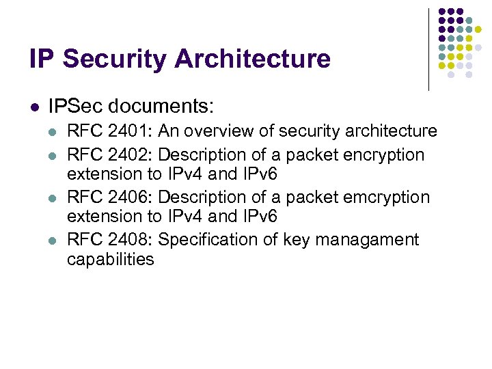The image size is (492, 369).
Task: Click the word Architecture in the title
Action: coord(252,59)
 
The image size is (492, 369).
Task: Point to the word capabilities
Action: coord(110,260)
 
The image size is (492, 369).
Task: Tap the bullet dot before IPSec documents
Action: coord(33,107)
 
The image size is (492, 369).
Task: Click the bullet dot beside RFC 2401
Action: coord(53,131)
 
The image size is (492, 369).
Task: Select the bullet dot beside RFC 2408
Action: coord(53,240)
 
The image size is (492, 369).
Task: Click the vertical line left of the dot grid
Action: coord(428,49)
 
